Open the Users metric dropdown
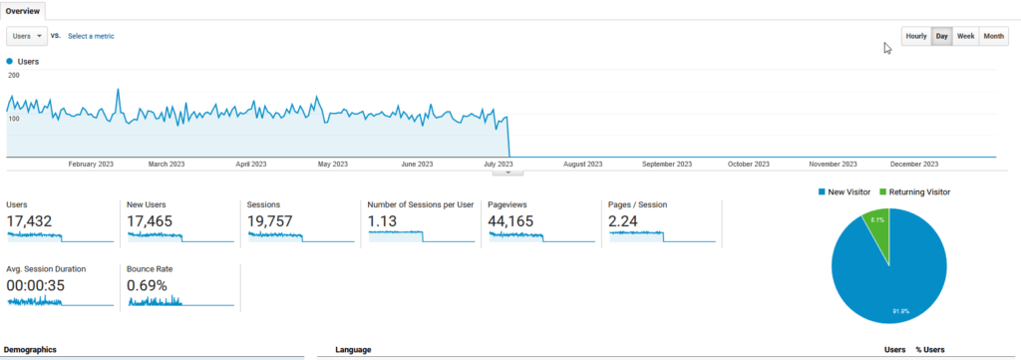(27, 36)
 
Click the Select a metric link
(91, 36)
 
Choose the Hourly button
(915, 36)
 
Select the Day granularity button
(941, 36)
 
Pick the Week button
(965, 36)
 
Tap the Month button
(993, 36)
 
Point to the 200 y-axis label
(14, 75)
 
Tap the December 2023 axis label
(914, 164)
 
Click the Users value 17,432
(29, 221)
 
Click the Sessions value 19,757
(270, 221)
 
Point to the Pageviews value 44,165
(510, 221)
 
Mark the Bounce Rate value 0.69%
(148, 285)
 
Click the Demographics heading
(30, 350)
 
